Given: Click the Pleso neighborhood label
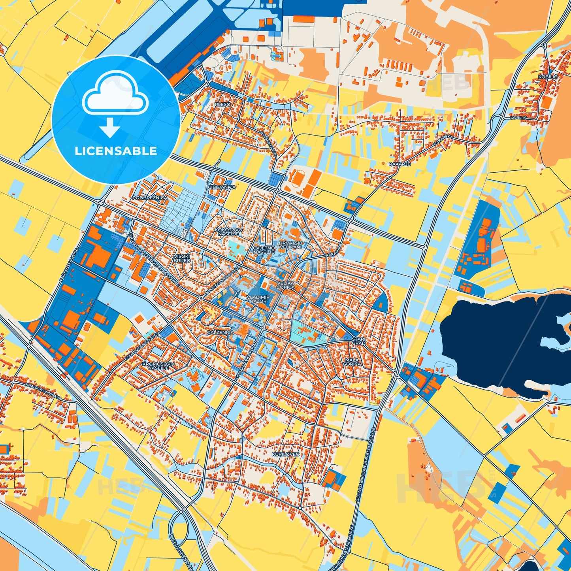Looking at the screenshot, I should (222, 104).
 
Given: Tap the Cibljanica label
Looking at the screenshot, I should (222, 187).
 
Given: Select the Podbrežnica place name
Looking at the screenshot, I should (150, 197).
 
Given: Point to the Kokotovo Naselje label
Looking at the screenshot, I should (228, 232).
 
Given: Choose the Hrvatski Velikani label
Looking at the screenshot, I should (290, 245).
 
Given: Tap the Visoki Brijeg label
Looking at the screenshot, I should (182, 258).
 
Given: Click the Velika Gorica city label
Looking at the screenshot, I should (285, 285).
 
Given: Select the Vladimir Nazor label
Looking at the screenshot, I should (258, 299).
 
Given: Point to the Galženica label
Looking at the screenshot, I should (220, 333).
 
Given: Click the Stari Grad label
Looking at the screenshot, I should (358, 341).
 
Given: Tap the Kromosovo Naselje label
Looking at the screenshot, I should (158, 365).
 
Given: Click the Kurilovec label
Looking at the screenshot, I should (285, 454).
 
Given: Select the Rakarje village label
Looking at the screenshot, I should (400, 164).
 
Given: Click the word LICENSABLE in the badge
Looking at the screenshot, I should (116, 151).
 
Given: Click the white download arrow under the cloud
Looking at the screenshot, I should (110, 128).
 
